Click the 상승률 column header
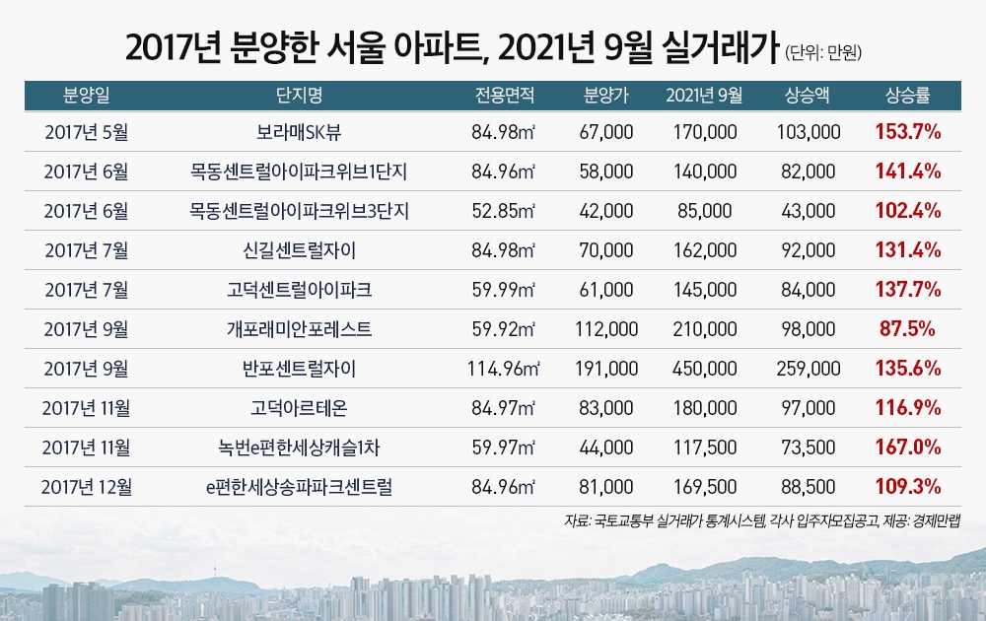pyautogui.click(x=907, y=96)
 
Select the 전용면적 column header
pyautogui.click(x=504, y=96)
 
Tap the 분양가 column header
pyautogui.click(x=606, y=96)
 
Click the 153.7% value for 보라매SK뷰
pyautogui.click(x=907, y=131)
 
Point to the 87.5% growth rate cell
pyautogui.click(x=907, y=329)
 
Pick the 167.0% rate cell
pyautogui.click(x=907, y=448)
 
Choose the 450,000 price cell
pyautogui.click(x=704, y=369)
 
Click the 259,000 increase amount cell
pyautogui.click(x=808, y=369)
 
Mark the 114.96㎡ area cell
pyautogui.click(x=504, y=369)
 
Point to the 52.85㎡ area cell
pyautogui.click(x=504, y=211)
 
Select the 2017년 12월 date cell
pyautogui.click(x=86, y=487)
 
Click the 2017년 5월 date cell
pyautogui.click(x=86, y=131)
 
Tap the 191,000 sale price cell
pyautogui.click(x=606, y=369)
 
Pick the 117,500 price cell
pyautogui.click(x=704, y=448)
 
